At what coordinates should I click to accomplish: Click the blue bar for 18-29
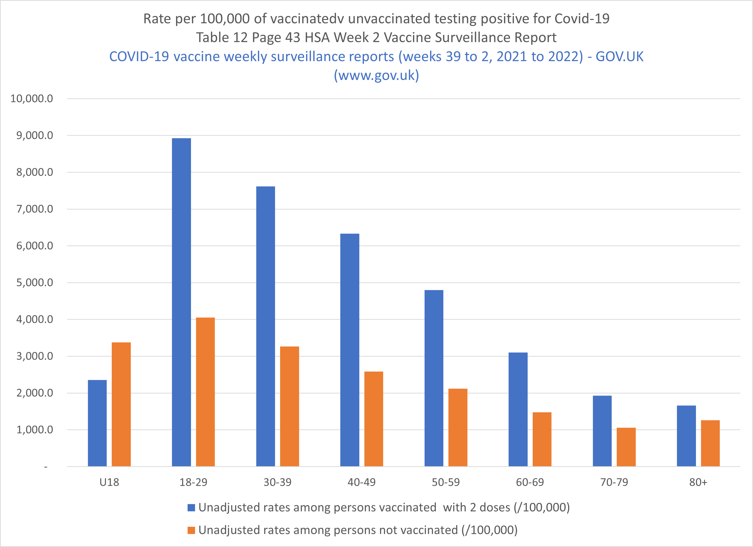click(181, 302)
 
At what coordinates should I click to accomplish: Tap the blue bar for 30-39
click(266, 326)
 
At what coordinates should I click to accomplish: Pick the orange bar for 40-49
click(373, 419)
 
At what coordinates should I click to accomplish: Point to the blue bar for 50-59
click(434, 378)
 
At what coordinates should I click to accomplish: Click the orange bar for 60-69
click(542, 439)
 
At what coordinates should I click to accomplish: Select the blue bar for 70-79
click(602, 431)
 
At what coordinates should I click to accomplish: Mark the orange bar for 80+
click(710, 443)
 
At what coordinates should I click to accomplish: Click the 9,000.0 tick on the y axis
click(34, 135)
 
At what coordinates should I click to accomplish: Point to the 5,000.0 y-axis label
click(34, 283)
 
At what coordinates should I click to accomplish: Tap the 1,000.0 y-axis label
click(34, 430)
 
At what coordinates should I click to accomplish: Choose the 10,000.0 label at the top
click(32, 98)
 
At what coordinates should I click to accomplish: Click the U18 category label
click(109, 482)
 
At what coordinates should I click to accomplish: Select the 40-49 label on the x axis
click(361, 482)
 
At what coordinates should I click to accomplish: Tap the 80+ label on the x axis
click(698, 482)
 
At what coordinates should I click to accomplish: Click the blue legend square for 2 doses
click(191, 507)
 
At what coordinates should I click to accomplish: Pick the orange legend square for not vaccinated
click(191, 530)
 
